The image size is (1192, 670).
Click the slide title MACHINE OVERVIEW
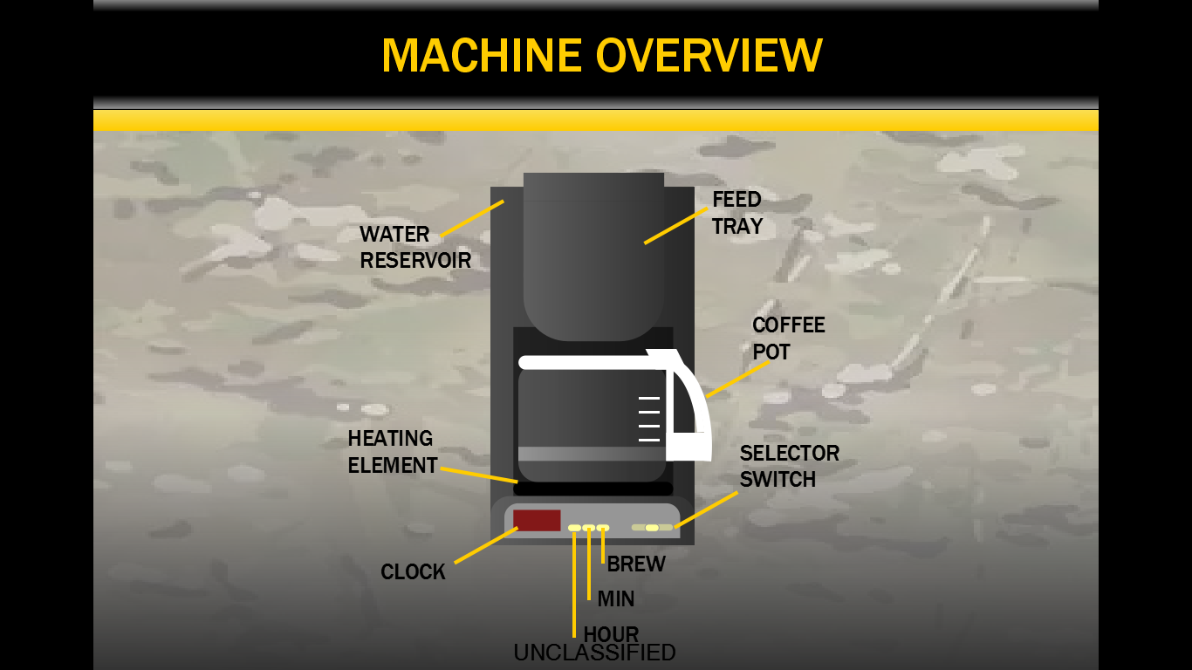click(x=601, y=56)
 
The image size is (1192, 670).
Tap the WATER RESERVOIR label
click(x=414, y=247)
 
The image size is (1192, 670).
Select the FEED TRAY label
click(x=737, y=213)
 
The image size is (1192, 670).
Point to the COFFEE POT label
click(x=788, y=338)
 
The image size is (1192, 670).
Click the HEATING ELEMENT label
click(x=392, y=452)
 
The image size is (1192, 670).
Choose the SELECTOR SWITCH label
click(x=789, y=466)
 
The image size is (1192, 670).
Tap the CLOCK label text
click(x=413, y=572)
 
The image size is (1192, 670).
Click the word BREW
click(x=636, y=564)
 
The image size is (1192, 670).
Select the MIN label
click(x=615, y=599)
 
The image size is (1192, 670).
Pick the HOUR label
click(x=611, y=634)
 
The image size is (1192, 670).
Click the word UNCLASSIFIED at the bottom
click(x=594, y=653)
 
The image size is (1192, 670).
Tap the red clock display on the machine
click(x=536, y=520)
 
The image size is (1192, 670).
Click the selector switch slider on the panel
click(x=652, y=528)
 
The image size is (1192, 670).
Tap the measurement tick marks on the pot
click(x=649, y=419)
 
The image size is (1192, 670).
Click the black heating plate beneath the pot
click(x=593, y=489)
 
